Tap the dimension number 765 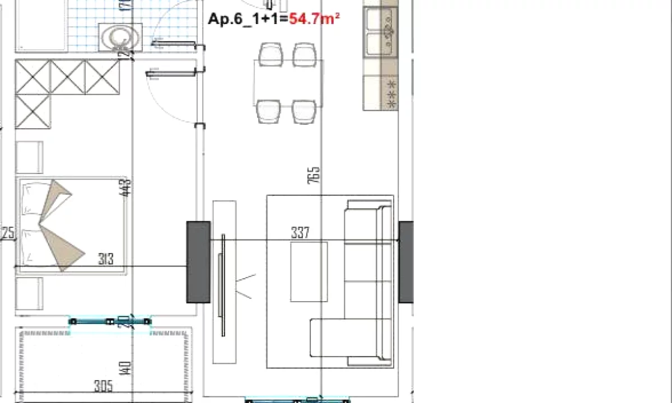pyautogui.click(x=314, y=175)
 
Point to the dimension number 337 pyautogui.click(x=300, y=233)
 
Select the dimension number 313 pyautogui.click(x=106, y=259)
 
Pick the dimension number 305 pyautogui.click(x=104, y=386)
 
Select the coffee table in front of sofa pyautogui.click(x=309, y=271)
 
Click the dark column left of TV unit pyautogui.click(x=198, y=261)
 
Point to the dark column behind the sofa pyautogui.click(x=406, y=261)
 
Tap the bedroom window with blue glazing pyautogui.click(x=110, y=321)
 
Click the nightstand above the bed pyautogui.click(x=29, y=157)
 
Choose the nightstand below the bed pyautogui.click(x=29, y=293)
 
